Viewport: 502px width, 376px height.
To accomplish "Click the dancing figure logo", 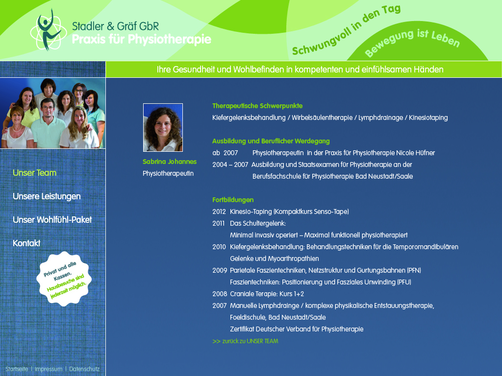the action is pyautogui.click(x=49, y=30).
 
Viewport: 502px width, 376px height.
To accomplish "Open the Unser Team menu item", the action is pyautogui.click(x=35, y=173).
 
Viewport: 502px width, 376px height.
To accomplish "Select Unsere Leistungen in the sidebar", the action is pyautogui.click(x=47, y=196).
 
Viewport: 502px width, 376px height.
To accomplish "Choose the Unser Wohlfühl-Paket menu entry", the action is pyautogui.click(x=52, y=220).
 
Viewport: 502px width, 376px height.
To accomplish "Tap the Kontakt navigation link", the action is pyautogui.click(x=26, y=243).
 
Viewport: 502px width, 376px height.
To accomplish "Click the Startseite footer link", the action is pyautogui.click(x=17, y=369).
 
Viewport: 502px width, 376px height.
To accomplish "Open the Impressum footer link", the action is pyautogui.click(x=49, y=369).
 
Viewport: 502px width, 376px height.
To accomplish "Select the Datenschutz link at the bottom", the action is pyautogui.click(x=84, y=369).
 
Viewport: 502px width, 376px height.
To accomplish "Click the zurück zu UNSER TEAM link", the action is pyautogui.click(x=245, y=341).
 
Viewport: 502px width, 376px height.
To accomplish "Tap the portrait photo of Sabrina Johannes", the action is pyautogui.click(x=163, y=127).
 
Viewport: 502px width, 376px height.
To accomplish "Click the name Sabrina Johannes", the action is pyautogui.click(x=170, y=162).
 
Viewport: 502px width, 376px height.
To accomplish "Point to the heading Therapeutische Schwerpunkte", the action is pyautogui.click(x=257, y=106).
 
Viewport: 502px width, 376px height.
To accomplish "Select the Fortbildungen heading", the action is pyautogui.click(x=233, y=200).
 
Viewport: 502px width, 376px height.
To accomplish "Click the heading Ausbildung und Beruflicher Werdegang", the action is pyautogui.click(x=271, y=141).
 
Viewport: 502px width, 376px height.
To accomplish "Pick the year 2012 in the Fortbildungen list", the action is pyautogui.click(x=219, y=211).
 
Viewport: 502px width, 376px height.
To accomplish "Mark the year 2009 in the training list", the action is pyautogui.click(x=220, y=270).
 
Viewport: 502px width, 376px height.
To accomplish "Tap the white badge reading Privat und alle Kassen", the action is pyautogui.click(x=64, y=279).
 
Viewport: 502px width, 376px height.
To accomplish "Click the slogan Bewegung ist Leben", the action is pyautogui.click(x=412, y=43).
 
